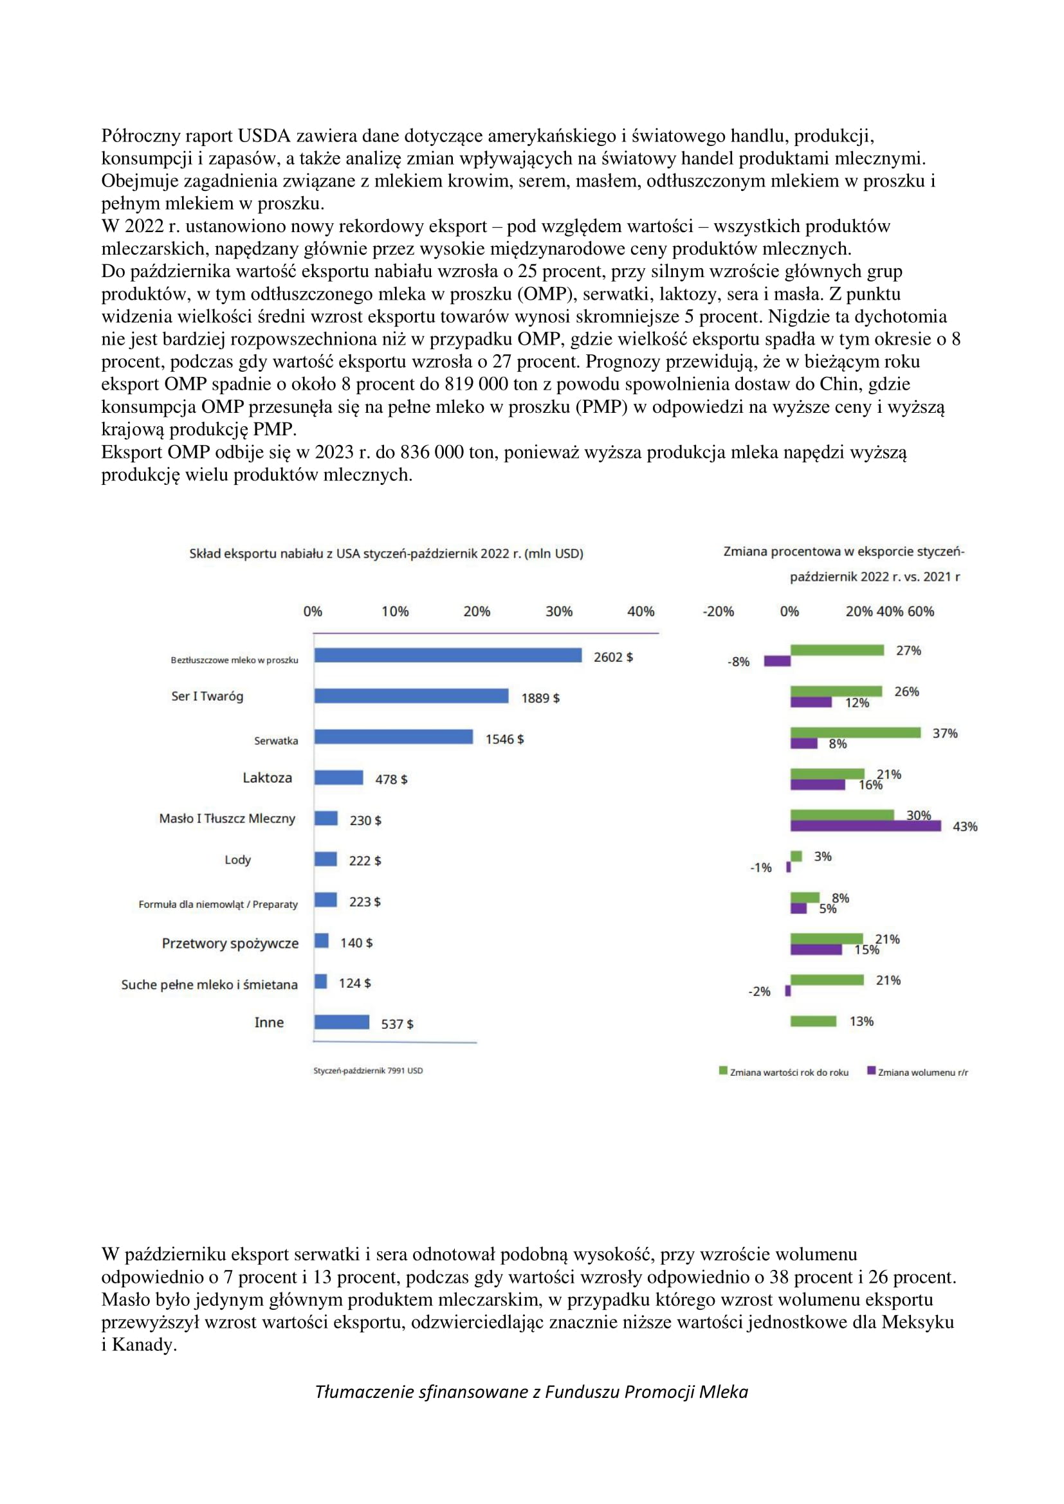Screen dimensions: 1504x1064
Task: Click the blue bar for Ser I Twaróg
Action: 411,696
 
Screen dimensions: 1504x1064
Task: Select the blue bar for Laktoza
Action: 338,777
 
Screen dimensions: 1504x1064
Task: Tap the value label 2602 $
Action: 612,657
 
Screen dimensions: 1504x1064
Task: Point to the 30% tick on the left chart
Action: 558,611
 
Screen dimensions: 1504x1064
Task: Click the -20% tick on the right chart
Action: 717,611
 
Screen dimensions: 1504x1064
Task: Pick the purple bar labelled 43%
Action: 865,826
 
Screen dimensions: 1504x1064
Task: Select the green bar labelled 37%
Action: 855,732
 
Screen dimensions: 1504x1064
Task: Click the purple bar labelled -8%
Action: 777,661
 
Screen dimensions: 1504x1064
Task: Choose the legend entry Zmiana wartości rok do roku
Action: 784,1073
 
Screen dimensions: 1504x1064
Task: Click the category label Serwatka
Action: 276,741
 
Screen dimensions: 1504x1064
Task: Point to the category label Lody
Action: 237,860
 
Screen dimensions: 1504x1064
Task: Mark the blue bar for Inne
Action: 342,1022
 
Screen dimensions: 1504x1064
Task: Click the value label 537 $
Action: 397,1024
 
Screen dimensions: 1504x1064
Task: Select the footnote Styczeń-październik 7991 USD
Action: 367,1071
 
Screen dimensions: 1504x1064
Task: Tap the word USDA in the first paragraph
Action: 263,136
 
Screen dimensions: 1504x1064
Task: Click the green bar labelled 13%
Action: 813,1020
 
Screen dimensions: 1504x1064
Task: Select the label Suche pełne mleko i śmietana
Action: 209,984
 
